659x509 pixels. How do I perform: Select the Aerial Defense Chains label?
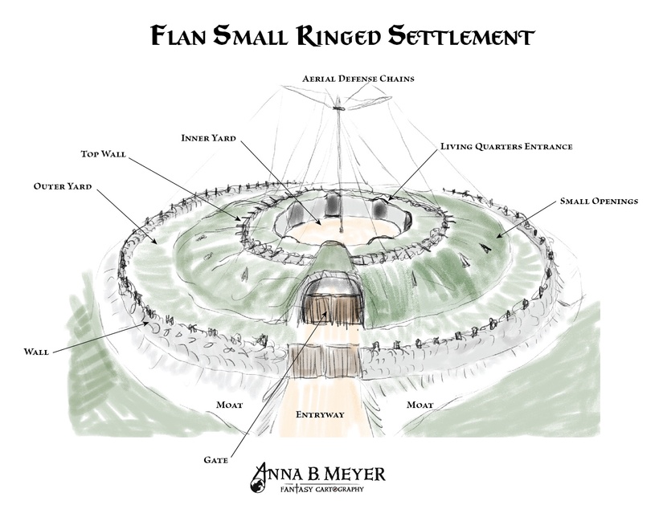pyautogui.click(x=358, y=79)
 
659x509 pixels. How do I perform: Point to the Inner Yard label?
pyautogui.click(x=208, y=138)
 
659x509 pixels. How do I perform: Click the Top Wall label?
pyautogui.click(x=104, y=153)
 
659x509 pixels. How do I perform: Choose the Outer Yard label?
pyautogui.click(x=63, y=186)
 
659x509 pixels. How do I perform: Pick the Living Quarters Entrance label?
pyautogui.click(x=506, y=147)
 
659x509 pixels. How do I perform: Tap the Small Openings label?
pyautogui.click(x=599, y=202)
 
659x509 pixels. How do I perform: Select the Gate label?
pyautogui.click(x=216, y=461)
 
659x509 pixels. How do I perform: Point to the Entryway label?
pyautogui.click(x=321, y=415)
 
